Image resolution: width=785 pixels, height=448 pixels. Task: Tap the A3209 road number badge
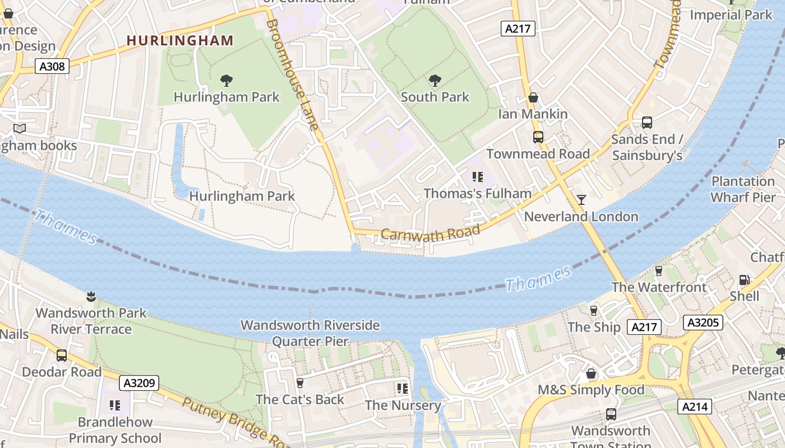[x=139, y=383]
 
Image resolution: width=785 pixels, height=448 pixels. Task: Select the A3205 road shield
[x=703, y=322]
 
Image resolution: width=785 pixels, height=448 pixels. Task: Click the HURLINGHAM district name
[x=180, y=40]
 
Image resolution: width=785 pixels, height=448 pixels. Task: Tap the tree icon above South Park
[x=435, y=81]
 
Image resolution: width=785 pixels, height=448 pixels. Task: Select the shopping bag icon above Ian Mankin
[x=533, y=98]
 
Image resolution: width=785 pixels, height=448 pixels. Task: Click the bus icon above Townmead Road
[x=538, y=137]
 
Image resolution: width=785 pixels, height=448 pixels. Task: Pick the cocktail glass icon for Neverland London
[x=581, y=200]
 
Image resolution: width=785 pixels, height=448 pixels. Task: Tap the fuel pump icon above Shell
[x=744, y=279]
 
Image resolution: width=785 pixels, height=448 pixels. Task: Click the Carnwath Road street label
[x=431, y=233]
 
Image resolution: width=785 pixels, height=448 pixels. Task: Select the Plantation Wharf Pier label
[x=743, y=189]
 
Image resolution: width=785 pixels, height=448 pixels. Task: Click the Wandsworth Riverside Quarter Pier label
[x=310, y=333]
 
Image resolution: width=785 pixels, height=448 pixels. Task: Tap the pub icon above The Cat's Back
[x=300, y=383]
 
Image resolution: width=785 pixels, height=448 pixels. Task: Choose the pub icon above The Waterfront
[x=659, y=271]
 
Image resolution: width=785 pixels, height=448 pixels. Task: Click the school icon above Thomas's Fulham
[x=477, y=178]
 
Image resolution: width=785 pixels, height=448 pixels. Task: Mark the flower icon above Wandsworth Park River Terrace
[x=90, y=296]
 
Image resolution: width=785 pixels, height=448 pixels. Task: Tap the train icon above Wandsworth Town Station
[x=611, y=414]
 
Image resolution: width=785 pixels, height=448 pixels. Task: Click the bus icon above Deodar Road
[x=62, y=356]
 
